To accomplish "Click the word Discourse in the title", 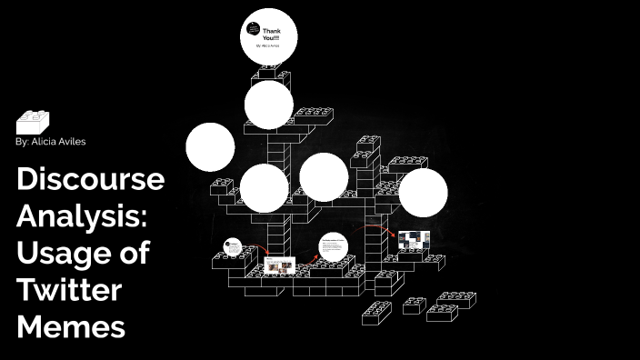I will click(x=90, y=180).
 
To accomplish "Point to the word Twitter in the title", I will click(x=68, y=290).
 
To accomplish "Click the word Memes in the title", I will click(x=70, y=326).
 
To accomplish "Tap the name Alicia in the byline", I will click(x=42, y=142).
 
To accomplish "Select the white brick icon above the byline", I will click(x=32, y=122).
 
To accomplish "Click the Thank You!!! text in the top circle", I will click(x=272, y=35).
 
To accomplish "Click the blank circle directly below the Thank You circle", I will click(x=269, y=105).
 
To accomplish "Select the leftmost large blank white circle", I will click(x=210, y=146).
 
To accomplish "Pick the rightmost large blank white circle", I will click(x=424, y=194).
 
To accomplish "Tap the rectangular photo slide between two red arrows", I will click(x=282, y=265).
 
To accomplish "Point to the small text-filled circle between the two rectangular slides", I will click(x=334, y=248).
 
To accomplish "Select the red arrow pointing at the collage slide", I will click(x=381, y=229).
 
